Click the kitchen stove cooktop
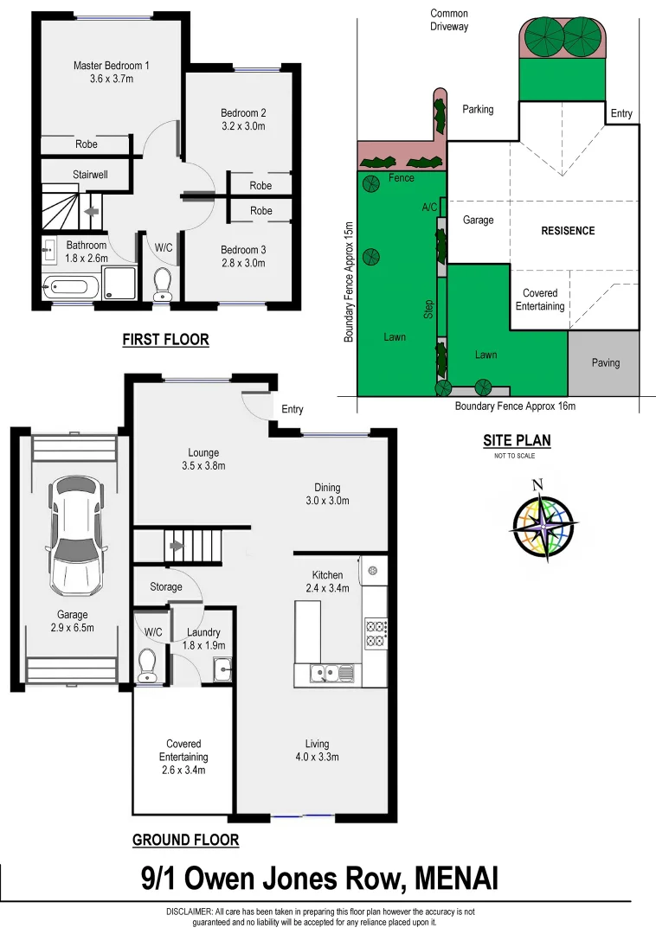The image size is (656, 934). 376,633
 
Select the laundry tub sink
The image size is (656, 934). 221,668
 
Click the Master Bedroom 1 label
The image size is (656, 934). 111,66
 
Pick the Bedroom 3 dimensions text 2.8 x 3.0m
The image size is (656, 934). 242,263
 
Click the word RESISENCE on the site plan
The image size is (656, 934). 568,231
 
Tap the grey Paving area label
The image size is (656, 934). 606,362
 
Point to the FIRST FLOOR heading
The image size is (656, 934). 165,340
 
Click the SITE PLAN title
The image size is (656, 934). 517,441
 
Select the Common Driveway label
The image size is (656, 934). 450,20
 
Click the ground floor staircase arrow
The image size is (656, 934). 177,546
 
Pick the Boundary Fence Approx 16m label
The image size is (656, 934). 515,406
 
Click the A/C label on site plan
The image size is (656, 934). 429,208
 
